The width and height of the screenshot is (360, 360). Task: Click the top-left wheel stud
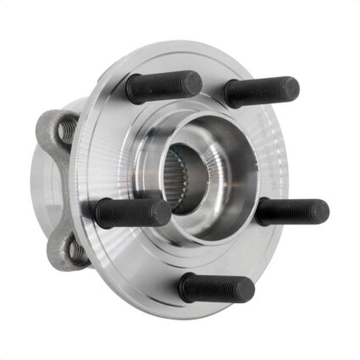coord(163,86)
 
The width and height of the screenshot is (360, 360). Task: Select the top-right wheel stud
coord(261,91)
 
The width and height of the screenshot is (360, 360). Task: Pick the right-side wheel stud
coord(292,211)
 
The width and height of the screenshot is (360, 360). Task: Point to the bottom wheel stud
coord(216,288)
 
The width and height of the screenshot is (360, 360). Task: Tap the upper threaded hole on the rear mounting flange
coord(65,130)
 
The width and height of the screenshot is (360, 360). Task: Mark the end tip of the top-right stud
coord(291,87)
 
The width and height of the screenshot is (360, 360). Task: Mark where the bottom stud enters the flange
coord(186,286)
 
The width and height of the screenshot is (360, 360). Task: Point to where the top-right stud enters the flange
coord(231,93)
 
